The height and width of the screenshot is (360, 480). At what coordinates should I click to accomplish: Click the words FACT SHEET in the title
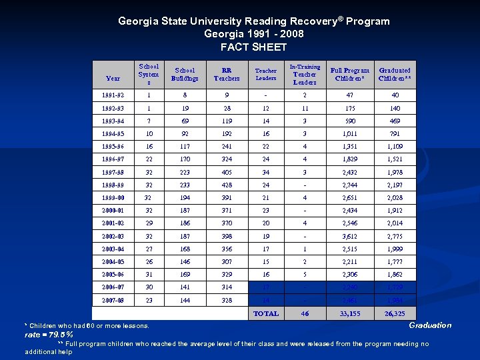[253, 47]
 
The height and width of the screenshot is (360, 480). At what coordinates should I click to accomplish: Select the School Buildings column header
[185, 74]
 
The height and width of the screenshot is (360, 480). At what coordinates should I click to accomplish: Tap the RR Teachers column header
[226, 74]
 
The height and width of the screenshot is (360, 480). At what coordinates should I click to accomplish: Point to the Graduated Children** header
[394, 74]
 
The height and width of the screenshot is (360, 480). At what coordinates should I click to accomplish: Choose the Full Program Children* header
[351, 74]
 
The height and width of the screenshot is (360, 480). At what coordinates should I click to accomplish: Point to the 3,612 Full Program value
[350, 237]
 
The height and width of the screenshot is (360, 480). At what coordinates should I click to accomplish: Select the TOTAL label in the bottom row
[266, 313]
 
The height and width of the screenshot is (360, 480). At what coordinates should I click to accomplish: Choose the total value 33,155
[350, 313]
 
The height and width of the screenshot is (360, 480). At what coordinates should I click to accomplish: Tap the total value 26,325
[394, 313]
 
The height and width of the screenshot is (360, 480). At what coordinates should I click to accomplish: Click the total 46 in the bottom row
[305, 313]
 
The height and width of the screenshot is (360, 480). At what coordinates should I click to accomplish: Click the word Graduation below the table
[429, 325]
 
